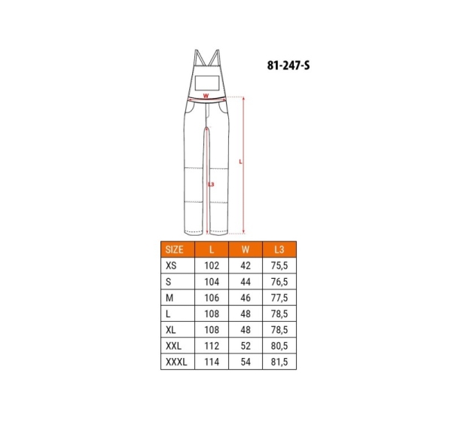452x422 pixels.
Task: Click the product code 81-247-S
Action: (289, 66)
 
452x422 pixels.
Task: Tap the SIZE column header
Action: (175, 249)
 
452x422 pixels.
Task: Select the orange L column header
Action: (212, 249)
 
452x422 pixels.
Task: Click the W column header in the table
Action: (246, 249)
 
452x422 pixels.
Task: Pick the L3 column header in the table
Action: (279, 249)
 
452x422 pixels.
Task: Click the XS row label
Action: (171, 265)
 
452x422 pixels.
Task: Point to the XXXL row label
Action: (176, 362)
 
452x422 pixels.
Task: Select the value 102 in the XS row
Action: (212, 265)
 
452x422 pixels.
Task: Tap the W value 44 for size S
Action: (246, 282)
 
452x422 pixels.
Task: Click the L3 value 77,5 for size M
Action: (279, 298)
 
